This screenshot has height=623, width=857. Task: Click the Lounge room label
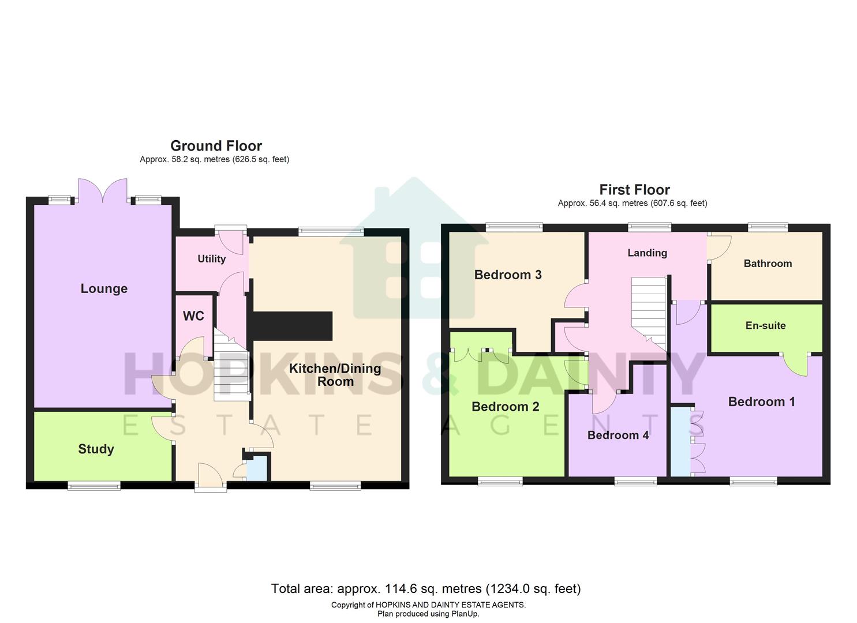(104, 288)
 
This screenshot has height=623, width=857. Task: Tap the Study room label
(96, 449)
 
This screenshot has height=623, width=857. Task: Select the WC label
(193, 316)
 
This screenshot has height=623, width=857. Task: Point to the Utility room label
(211, 259)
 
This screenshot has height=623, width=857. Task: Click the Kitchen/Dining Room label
(335, 375)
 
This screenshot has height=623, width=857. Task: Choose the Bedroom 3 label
(508, 275)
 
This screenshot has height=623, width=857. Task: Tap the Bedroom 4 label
(618, 435)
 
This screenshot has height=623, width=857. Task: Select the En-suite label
(765, 325)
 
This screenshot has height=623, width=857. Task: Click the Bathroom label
(768, 264)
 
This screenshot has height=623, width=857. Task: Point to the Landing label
(647, 253)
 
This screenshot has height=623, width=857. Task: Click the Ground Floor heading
(216, 146)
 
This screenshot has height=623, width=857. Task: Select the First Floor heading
(634, 190)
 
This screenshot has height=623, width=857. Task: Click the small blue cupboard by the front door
(257, 468)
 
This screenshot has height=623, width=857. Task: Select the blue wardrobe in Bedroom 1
(681, 442)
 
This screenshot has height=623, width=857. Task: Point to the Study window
(94, 486)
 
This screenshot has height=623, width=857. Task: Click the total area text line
(426, 588)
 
